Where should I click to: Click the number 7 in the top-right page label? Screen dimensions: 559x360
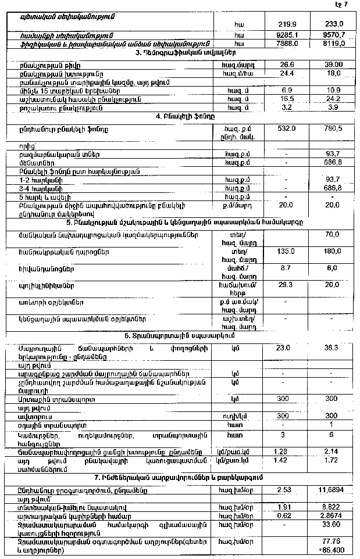point(347,5)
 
